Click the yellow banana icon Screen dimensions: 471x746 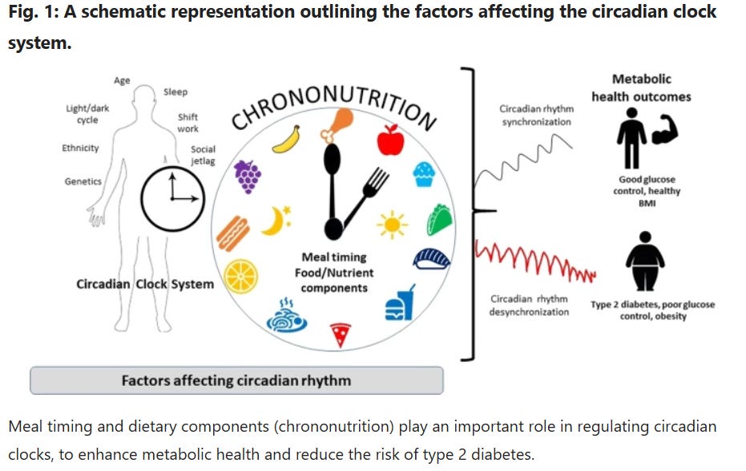tap(286, 139)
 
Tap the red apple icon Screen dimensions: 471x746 tap(390, 140)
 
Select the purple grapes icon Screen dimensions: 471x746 tap(248, 177)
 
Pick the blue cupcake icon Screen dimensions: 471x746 tap(425, 174)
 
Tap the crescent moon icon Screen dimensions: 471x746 tap(275, 221)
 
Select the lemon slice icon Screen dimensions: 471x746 tap(240, 277)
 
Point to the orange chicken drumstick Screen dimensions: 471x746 tap(336, 125)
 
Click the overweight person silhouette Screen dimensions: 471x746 tap(644, 261)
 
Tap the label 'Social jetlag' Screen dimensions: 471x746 tap(202, 155)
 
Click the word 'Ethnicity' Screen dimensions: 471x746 tap(80, 148)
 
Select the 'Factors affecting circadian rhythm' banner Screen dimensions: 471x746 tap(236, 380)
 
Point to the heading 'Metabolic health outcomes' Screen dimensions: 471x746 tap(641, 87)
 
